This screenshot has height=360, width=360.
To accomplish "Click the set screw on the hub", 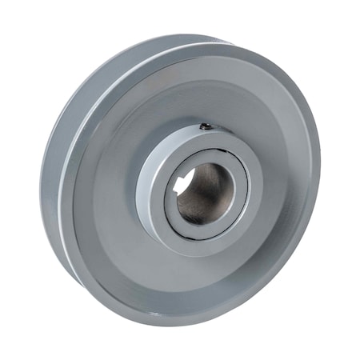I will (x=206, y=126).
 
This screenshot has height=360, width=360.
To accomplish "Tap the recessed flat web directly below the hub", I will (x=200, y=276).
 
